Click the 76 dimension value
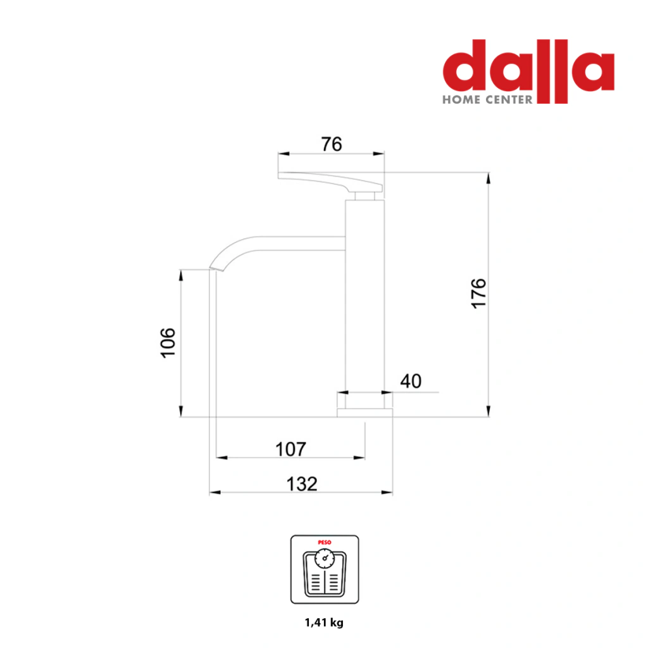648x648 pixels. coord(332,144)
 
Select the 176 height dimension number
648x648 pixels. coord(478,294)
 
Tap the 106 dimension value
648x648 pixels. coord(168,342)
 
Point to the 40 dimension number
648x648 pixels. coord(411,381)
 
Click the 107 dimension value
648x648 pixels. coord(290,449)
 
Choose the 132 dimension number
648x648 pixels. coord(302,484)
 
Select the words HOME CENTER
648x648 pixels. coord(488,99)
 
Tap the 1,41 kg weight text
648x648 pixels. coord(324,623)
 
